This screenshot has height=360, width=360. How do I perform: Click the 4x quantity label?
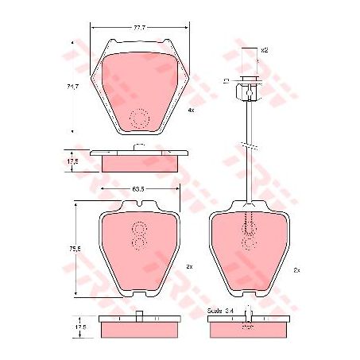click(191, 110)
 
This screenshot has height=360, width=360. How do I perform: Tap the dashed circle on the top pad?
click(140, 117)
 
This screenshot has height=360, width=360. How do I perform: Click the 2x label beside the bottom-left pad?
click(190, 267)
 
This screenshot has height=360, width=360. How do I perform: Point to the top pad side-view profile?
click(139, 159)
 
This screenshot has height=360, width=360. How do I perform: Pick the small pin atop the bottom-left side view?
click(139, 312)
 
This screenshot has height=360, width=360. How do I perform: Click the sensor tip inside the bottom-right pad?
click(249, 230)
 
